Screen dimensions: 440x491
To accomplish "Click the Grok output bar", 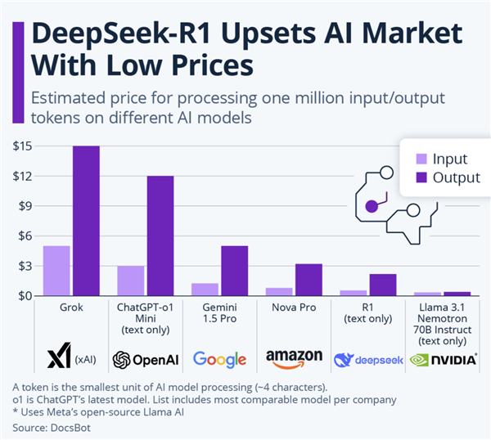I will [x=86, y=221].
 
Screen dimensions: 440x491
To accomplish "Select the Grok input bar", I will [x=56, y=271].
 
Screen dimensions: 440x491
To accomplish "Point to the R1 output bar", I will [x=382, y=285].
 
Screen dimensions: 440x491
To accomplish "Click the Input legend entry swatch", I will [x=421, y=159].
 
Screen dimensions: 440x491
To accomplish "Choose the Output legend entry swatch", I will [x=421, y=177].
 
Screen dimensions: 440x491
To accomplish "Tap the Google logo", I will [x=219, y=359].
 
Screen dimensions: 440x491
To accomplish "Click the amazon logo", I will [x=293, y=359].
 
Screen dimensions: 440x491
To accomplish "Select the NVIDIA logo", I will [x=443, y=359].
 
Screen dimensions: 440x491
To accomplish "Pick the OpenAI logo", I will [x=145, y=359].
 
